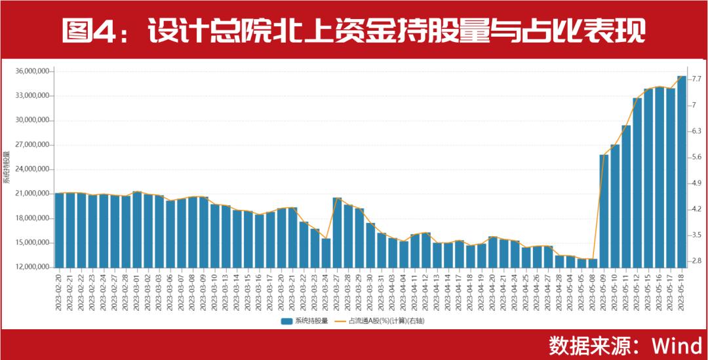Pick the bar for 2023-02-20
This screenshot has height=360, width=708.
click(x=59, y=230)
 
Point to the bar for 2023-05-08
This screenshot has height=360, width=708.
click(x=593, y=263)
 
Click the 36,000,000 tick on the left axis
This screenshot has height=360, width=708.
click(x=32, y=71)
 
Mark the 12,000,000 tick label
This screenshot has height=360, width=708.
click(x=32, y=268)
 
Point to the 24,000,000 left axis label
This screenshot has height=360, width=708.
click(x=32, y=169)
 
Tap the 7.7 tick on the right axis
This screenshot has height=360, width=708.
click(x=696, y=79)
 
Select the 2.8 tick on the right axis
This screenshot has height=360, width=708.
click(x=696, y=261)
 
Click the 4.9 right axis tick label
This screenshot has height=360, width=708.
click(x=696, y=183)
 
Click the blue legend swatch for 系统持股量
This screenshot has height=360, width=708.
click(x=286, y=321)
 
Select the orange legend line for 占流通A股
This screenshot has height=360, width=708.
click(x=341, y=321)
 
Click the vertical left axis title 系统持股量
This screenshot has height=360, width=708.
click(x=7, y=167)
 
